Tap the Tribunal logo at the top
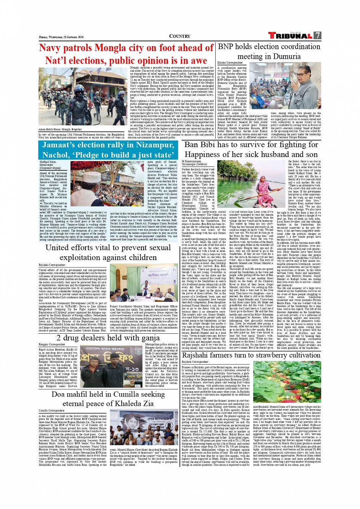point(290,36)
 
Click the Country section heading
point(180,36)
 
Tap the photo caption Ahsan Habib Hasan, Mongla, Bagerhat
point(60,129)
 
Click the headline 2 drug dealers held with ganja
point(108,338)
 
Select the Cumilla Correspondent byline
point(51,410)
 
